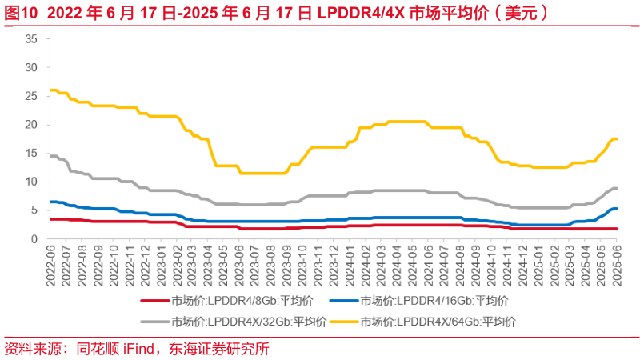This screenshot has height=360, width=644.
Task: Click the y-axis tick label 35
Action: pos(32,39)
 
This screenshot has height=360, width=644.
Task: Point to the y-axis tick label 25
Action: pos(32,96)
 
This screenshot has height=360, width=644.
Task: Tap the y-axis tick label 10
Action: pos(32,182)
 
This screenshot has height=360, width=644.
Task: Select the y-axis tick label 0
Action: pos(34,239)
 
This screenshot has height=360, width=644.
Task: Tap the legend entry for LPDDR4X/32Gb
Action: pos(248,322)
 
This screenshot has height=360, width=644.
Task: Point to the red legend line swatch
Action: pos(154,301)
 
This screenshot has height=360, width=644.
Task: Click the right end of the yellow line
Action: pos(616,139)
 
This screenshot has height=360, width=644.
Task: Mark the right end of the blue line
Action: pos(616,209)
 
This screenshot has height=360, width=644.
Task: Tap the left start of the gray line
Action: pos(50,156)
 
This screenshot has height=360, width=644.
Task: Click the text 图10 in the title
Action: pos(18,12)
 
